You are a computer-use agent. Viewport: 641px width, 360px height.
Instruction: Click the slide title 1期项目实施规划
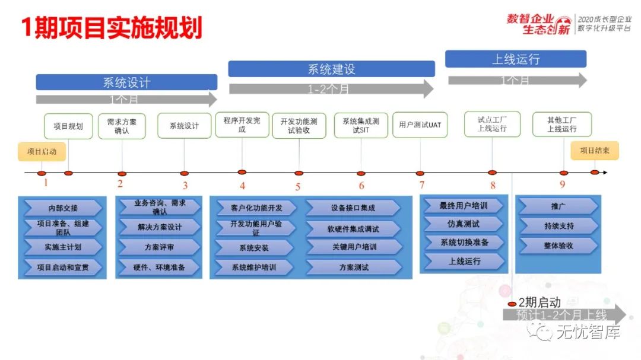pyautogui.click(x=112, y=28)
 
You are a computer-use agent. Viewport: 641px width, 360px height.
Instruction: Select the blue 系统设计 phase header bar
pyautogui.click(x=126, y=82)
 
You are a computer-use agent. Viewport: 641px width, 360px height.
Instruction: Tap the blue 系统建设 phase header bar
pyautogui.click(x=331, y=69)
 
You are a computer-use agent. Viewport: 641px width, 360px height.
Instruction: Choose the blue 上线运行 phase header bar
pyautogui.click(x=516, y=59)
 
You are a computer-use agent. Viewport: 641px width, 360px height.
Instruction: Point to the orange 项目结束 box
pyautogui.click(x=595, y=151)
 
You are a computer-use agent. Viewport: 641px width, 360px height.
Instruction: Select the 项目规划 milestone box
pyautogui.click(x=68, y=126)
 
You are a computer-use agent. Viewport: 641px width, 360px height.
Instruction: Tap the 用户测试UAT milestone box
pyautogui.click(x=420, y=125)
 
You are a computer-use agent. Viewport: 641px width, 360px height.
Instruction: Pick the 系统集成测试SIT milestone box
pyautogui.click(x=361, y=125)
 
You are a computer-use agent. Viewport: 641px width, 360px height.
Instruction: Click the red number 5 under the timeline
pyautogui.click(x=298, y=187)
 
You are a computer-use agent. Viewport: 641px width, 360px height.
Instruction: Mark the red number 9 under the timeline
pyautogui.click(x=563, y=184)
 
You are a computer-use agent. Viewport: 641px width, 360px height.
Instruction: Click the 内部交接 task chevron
pyautogui.click(x=63, y=208)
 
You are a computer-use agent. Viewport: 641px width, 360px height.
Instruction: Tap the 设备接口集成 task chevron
pyautogui.click(x=353, y=208)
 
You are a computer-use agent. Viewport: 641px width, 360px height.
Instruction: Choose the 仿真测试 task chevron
pyautogui.click(x=464, y=224)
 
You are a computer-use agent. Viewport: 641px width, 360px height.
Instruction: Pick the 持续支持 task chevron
pyautogui.click(x=559, y=226)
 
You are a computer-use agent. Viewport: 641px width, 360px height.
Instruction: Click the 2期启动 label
pyautogui.click(x=540, y=302)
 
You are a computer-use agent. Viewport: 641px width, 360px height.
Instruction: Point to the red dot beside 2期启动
pyautogui.click(x=512, y=304)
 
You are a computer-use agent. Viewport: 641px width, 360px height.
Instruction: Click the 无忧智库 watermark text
pyautogui.click(x=588, y=332)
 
